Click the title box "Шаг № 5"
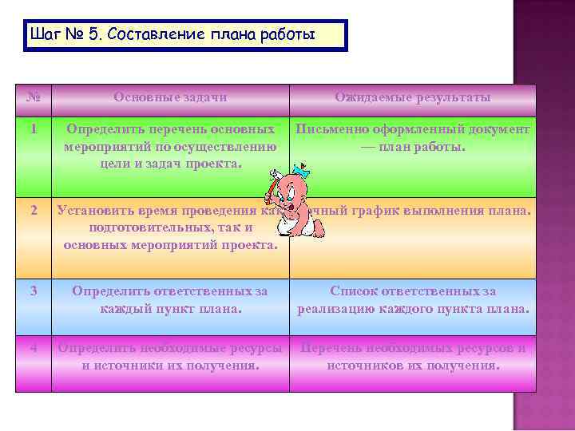[185, 36]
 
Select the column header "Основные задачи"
[170, 97]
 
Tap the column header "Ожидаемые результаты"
[412, 97]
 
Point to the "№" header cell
[34, 97]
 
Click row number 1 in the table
[34, 129]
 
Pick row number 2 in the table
[34, 211]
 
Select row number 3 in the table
[34, 291]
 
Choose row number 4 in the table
[34, 348]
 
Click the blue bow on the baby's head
[300, 171]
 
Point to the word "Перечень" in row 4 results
[327, 348]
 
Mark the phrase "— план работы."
[412, 147]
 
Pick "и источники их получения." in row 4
[170, 366]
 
